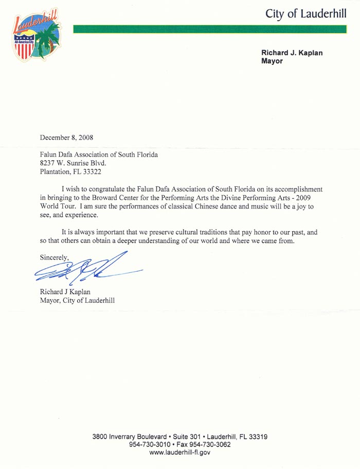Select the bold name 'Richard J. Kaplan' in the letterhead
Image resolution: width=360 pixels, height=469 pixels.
coord(292,53)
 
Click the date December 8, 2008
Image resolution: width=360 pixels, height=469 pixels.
coord(66,137)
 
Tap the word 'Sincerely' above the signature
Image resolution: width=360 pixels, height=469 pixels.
coord(53,256)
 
